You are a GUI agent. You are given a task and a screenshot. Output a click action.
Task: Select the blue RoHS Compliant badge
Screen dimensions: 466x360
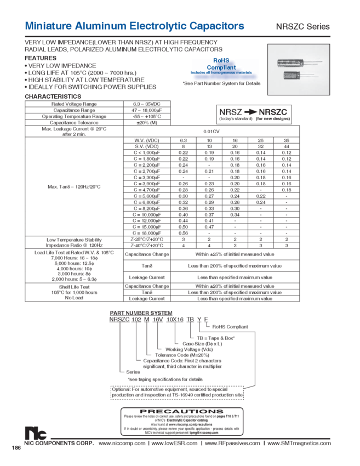222,69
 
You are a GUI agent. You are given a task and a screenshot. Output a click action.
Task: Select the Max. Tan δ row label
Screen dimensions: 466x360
75,187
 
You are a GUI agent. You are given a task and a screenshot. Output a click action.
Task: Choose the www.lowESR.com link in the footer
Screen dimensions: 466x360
174,442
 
